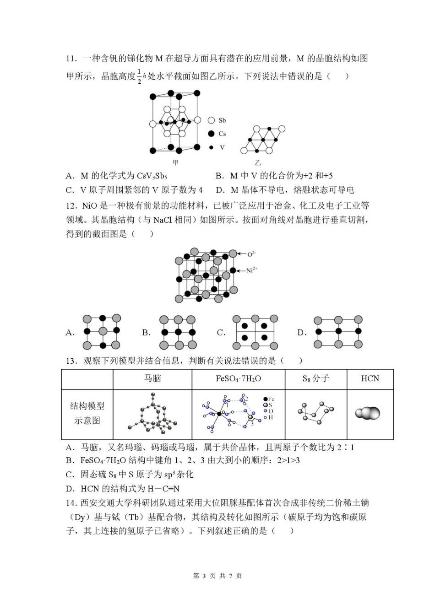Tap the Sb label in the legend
click(222, 120)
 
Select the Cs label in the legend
click(222, 134)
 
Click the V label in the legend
click(222, 147)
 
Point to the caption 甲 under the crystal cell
click(175, 162)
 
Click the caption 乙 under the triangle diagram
click(258, 162)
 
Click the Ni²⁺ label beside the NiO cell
click(251, 270)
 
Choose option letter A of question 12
click(70, 333)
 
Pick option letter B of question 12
click(146, 333)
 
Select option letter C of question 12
click(221, 333)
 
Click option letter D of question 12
click(301, 333)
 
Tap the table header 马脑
click(152, 379)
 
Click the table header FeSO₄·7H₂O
click(238, 379)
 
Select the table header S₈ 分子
click(315, 379)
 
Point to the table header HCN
click(370, 379)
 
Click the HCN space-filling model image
click(368, 413)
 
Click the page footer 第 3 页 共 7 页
click(217, 576)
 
